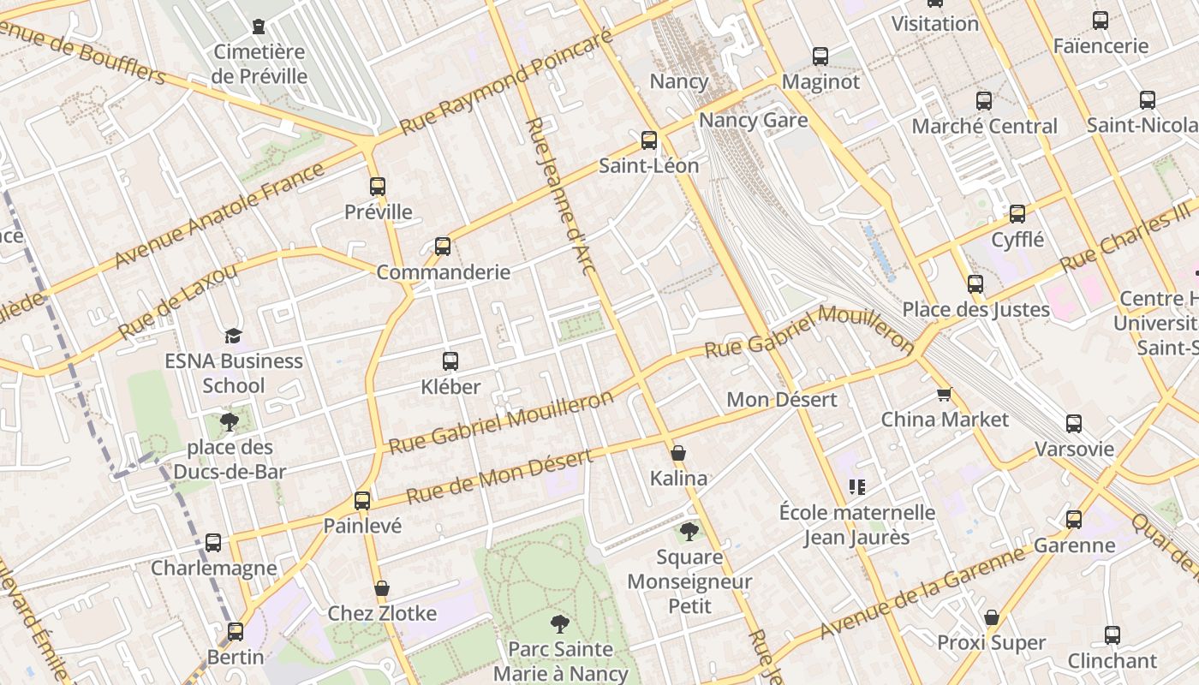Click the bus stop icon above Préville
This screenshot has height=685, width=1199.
[378, 187]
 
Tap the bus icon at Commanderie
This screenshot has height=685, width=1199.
[443, 247]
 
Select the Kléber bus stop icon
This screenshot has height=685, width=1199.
[450, 361]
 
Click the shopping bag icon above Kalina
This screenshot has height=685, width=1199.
[678, 453]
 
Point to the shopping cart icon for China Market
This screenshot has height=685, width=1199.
[944, 395]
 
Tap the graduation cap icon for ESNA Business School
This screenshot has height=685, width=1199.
[234, 336]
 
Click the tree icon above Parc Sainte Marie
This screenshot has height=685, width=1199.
[560, 623]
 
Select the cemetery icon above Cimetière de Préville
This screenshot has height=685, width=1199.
[259, 27]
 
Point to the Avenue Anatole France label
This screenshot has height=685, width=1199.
[219, 214]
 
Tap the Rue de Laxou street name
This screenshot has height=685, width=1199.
[178, 301]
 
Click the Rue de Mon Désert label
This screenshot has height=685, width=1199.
[498, 477]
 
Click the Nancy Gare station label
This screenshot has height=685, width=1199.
[753, 120]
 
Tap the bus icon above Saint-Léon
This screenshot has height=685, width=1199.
[649, 140]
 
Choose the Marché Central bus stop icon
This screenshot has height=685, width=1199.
[984, 100]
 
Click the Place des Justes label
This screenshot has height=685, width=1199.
[975, 309]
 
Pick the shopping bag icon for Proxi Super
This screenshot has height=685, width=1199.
[992, 617]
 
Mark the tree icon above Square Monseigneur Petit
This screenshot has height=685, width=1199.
[689, 532]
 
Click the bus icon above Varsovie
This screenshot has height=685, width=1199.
[1074, 423]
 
